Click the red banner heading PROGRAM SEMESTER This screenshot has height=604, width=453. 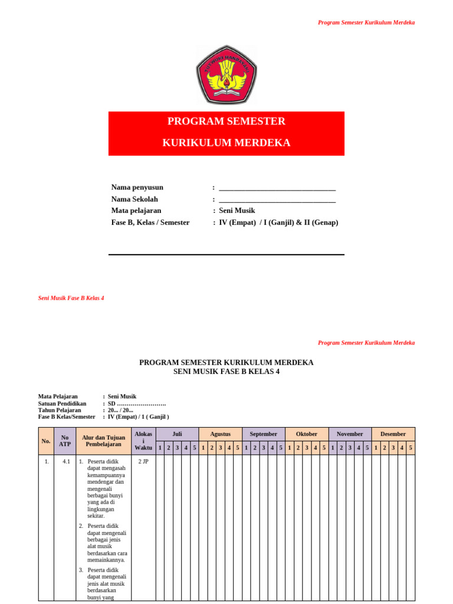[226, 122]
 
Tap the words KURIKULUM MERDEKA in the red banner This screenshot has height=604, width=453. [226, 143]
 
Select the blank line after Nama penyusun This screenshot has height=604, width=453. [277, 188]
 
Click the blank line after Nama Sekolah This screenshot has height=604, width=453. [277, 200]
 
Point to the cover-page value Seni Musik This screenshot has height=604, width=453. [237, 211]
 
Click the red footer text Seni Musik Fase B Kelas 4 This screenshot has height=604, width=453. [71, 298]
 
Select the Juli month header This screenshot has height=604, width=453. [177, 434]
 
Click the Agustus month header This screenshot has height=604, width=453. [220, 434]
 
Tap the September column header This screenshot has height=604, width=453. [263, 434]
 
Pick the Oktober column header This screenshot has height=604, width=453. [307, 434]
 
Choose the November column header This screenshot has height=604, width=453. [350, 434]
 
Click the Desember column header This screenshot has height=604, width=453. [393, 434]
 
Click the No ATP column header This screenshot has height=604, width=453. [65, 441]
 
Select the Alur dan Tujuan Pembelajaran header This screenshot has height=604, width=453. [104, 441]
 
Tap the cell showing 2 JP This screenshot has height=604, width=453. [143, 462]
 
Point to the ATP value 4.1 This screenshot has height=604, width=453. [66, 462]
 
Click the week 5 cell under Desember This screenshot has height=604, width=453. [411, 448]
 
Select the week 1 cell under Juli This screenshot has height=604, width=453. [160, 448]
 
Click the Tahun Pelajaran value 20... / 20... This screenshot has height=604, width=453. [120, 410]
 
